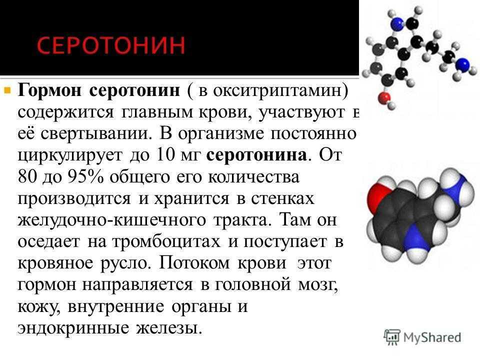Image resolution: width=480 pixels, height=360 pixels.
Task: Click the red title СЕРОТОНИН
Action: pos(111,45)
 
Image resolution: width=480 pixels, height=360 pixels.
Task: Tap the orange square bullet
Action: pos(7,90)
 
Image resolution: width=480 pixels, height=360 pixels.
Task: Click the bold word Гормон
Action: pos(50,90)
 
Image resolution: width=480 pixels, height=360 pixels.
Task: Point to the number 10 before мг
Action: pos(166,155)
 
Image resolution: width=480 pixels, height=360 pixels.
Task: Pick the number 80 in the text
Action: pos(27,176)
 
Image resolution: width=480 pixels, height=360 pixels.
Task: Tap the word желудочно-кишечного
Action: pos(111,220)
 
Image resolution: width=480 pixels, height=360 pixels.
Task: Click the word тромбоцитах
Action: pos(166,241)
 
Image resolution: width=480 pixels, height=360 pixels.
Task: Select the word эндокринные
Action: pos(73,328)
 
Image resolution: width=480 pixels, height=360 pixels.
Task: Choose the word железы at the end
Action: pos(169,328)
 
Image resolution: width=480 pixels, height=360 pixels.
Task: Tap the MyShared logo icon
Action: pos(391,337)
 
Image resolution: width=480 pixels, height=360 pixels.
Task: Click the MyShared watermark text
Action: pos(432,337)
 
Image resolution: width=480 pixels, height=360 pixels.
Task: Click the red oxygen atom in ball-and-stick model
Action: pos(384,98)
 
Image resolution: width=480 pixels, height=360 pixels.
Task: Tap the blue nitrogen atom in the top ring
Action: pos(397,22)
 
